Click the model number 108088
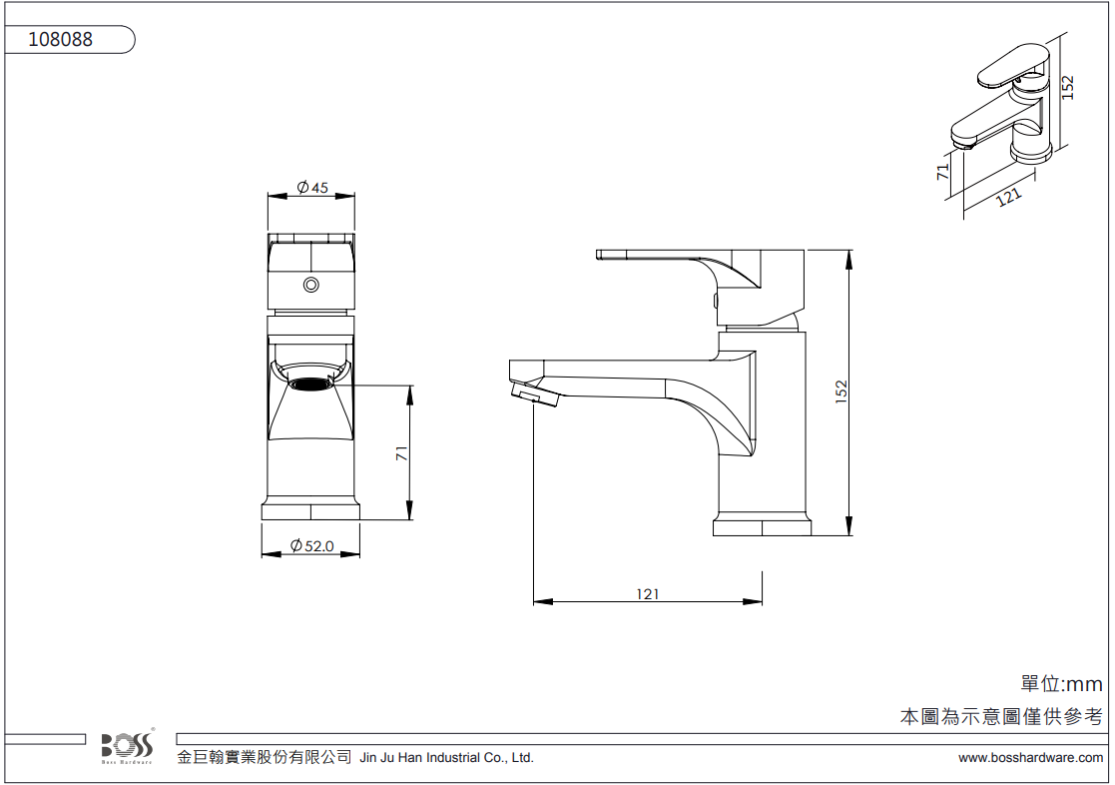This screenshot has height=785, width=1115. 61,39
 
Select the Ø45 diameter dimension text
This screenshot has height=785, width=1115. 312,187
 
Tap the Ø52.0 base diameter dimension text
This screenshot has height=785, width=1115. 312,546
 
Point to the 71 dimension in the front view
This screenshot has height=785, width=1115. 401,453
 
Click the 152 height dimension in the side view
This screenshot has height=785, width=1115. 841,392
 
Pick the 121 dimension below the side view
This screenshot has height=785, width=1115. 647,593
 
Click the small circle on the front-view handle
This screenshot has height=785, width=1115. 310,285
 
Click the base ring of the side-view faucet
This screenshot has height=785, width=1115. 762,527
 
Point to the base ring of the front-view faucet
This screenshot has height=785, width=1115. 310,511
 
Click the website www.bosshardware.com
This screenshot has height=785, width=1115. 1030,758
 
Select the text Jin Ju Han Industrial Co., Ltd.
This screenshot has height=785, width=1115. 446,758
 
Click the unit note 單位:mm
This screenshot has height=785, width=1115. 1061,685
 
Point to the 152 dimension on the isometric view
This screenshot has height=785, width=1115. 1067,88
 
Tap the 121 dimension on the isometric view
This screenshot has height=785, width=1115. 1008,197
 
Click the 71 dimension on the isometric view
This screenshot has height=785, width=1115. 943,172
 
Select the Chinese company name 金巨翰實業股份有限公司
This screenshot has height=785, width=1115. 265,757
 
